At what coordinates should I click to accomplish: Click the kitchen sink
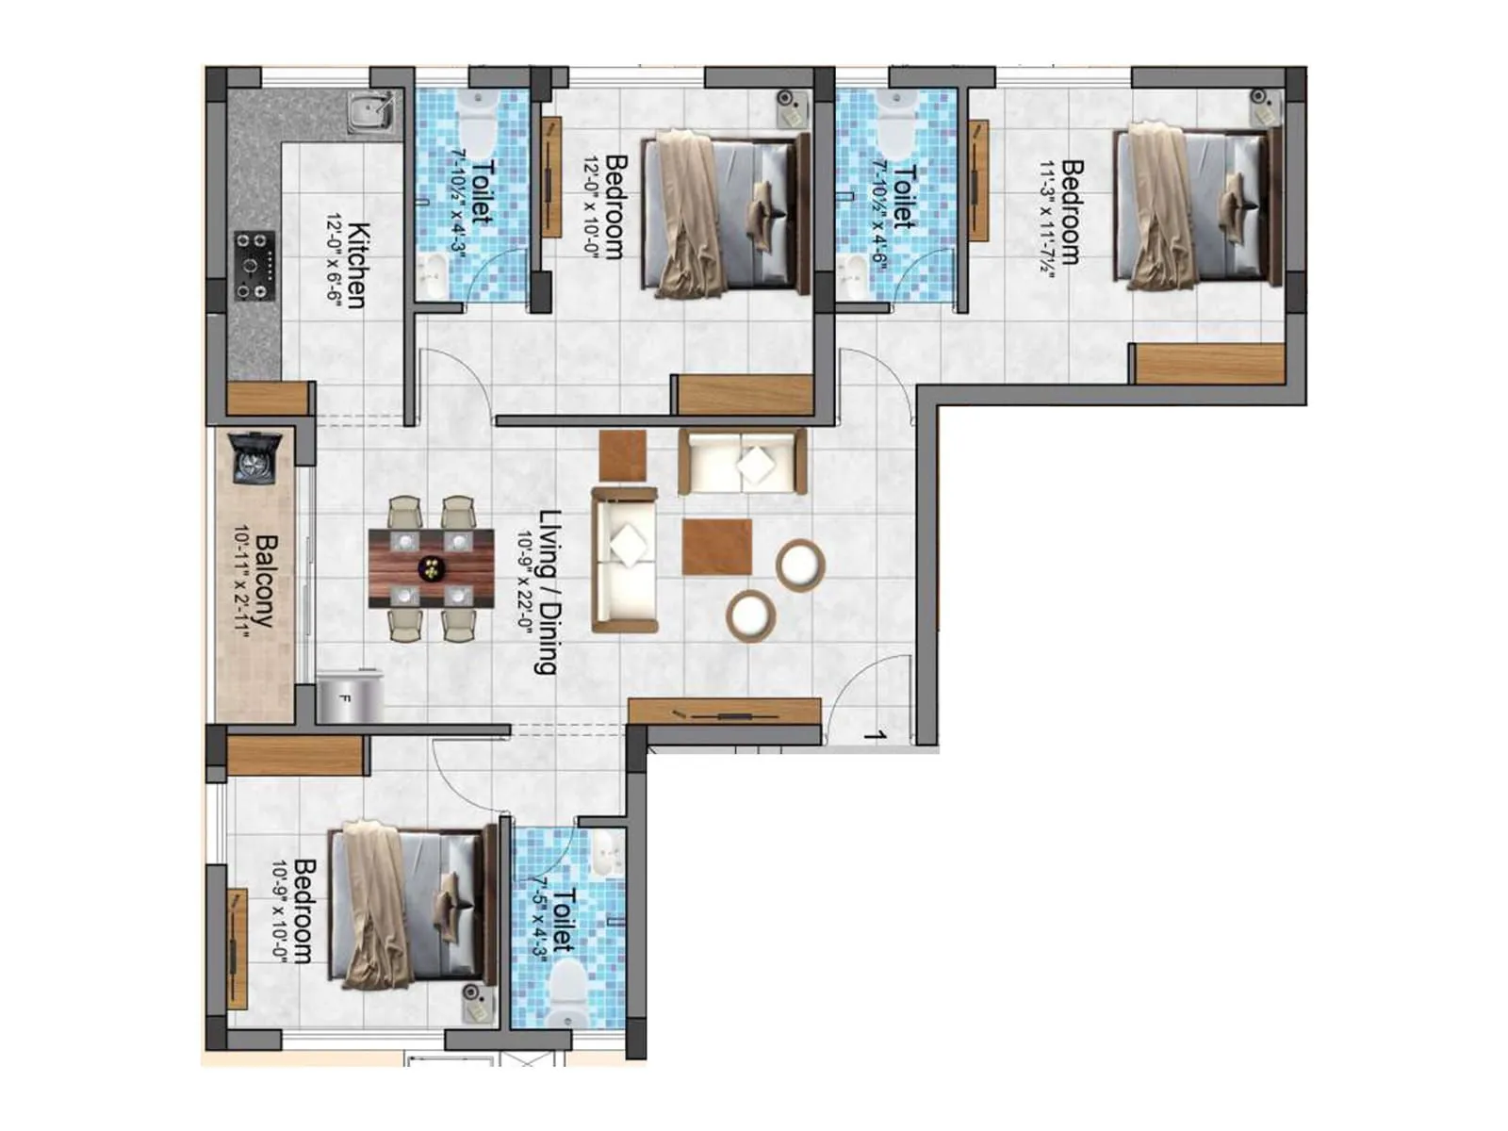(370, 112)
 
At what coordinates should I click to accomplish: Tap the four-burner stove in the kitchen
(254, 266)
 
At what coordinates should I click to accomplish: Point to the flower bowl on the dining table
(432, 568)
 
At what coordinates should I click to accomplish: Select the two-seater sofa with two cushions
(743, 462)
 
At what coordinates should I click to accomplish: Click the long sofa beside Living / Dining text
(624, 560)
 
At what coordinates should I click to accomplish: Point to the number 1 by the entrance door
(877, 734)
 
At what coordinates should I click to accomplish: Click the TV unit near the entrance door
(724, 712)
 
